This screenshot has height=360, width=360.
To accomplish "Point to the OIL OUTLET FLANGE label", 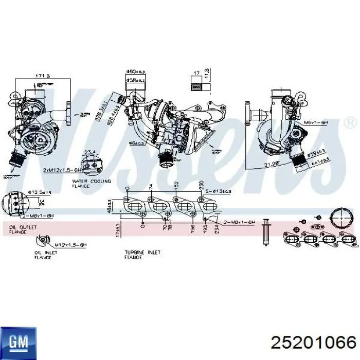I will coord(17,229).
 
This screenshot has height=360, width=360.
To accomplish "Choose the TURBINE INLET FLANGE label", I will coord(142,254).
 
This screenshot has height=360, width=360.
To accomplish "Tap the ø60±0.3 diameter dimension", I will coord(136,71).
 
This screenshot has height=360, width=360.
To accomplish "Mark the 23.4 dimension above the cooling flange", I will coord(89,151).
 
